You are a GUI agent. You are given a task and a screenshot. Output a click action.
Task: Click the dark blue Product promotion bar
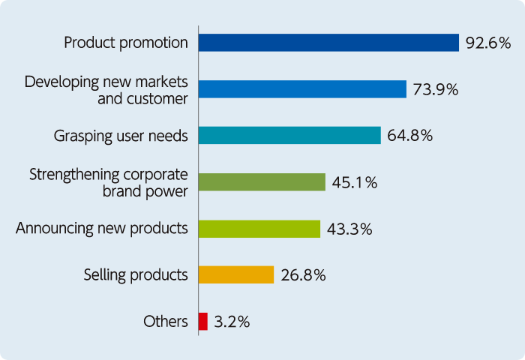tap(328, 43)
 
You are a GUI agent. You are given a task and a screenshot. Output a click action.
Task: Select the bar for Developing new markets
tap(302, 89)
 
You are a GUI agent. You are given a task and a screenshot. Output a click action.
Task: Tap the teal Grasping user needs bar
tap(289, 136)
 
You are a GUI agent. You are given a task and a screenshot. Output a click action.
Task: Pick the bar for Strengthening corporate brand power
tap(262, 182)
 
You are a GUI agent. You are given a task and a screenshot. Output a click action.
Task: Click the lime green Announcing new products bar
tap(259, 229)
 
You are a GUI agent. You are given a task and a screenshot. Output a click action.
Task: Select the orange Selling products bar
tap(236, 275)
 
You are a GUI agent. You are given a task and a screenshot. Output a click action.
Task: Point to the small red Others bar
tap(203, 322)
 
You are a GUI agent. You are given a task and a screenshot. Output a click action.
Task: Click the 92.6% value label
tap(487, 43)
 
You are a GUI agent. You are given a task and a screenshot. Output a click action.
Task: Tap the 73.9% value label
tap(435, 89)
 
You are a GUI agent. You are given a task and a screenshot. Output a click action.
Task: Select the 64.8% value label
tap(410, 136)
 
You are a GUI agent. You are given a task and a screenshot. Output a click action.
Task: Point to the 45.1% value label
tap(354, 182)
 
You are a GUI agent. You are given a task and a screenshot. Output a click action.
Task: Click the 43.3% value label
tap(349, 229)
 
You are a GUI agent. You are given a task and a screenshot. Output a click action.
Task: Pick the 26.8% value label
tap(303, 275)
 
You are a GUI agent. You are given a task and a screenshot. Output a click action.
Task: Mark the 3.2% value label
tap(232, 322)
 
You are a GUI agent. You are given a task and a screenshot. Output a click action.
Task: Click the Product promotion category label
tap(126, 42)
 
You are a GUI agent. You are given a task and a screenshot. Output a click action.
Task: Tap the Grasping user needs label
tap(121, 136)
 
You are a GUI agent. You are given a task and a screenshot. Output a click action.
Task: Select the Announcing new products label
tap(102, 228)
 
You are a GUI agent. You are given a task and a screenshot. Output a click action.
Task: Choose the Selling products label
tap(136, 274)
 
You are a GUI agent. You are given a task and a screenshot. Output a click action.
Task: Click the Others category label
tap(165, 322)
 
